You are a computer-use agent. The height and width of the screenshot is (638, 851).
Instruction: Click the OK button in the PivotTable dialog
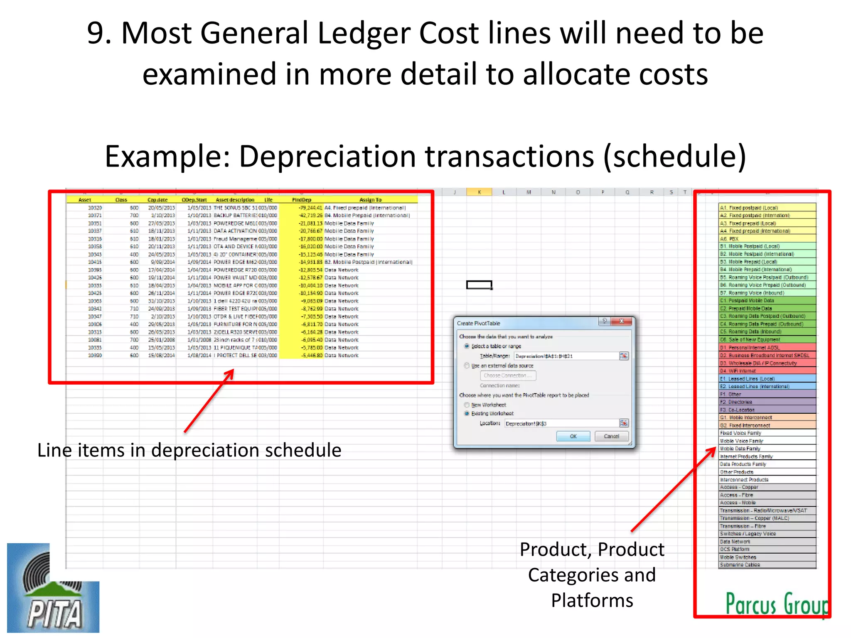tap(573, 436)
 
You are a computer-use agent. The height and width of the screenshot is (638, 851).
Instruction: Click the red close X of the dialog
tap(622, 321)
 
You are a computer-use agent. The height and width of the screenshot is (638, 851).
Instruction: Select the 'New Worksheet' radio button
tap(467, 405)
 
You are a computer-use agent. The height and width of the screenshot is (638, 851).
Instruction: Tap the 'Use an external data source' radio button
tap(467, 366)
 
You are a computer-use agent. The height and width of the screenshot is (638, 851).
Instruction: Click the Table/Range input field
tap(566, 356)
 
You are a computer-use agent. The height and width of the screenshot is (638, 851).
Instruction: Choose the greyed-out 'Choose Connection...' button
tap(508, 375)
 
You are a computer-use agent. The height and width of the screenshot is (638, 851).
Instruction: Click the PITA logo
tap(53, 588)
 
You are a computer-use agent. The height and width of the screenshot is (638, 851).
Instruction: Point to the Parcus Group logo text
tap(776, 604)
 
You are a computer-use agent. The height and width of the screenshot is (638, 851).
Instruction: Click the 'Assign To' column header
tap(370, 200)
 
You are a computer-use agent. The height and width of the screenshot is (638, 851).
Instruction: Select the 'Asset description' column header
tap(235, 200)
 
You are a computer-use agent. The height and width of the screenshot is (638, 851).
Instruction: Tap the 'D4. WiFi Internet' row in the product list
tap(767, 371)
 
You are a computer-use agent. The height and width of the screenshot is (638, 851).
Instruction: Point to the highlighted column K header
tap(479, 192)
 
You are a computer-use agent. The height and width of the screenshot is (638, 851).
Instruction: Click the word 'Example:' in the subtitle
tap(167, 157)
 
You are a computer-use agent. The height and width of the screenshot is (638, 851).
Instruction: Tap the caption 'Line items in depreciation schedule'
tap(189, 450)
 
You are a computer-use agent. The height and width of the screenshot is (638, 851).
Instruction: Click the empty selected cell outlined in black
tap(479, 285)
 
